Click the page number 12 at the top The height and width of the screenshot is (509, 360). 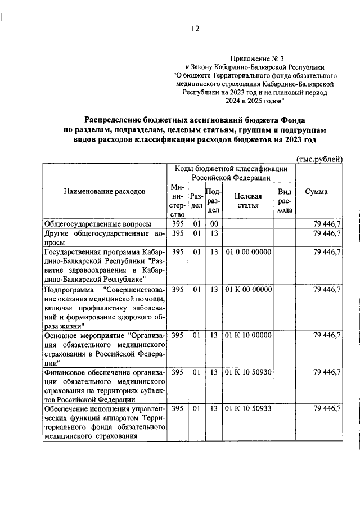tap(195, 29)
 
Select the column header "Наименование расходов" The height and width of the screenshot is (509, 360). tap(105, 191)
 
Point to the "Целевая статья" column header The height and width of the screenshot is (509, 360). tap(247, 200)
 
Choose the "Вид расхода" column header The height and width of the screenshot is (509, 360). tap(285, 201)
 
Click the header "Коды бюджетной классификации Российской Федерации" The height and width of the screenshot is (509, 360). tap(231, 173)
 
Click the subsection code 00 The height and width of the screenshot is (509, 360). tap(214, 224)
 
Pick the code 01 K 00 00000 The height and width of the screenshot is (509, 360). tap(249, 290)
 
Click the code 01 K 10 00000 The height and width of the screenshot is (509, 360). tap(249, 336)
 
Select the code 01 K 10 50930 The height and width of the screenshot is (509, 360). tap(249, 372)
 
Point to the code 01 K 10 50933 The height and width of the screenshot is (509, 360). tap(249, 408)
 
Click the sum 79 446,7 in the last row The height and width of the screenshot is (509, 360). tap(327, 408)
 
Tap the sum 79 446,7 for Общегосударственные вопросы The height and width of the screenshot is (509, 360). tap(327, 224)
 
